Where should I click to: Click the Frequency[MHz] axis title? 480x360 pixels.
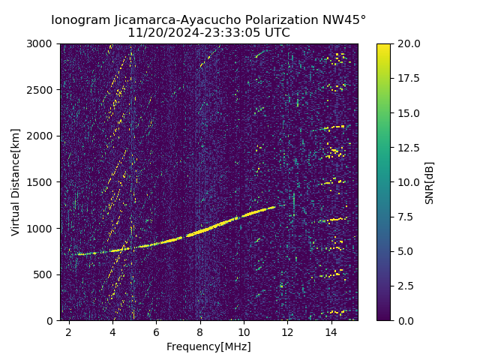tap(208, 346)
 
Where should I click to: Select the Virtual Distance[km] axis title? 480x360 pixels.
tap(16, 182)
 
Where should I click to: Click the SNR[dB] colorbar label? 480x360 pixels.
tap(430, 182)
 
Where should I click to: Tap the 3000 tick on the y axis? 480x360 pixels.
tap(42, 43)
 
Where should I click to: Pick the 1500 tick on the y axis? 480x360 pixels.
tap(42, 182)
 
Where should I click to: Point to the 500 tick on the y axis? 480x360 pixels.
tap(45, 274)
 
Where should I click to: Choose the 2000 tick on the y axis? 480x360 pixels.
tap(42, 136)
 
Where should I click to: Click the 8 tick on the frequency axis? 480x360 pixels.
tap(200, 331)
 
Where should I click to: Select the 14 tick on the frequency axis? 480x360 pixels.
tap(331, 331)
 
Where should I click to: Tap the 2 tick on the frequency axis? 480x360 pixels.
tap(69, 331)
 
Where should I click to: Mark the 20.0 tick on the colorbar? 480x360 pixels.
tap(409, 43)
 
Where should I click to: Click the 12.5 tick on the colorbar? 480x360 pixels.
tap(409, 148)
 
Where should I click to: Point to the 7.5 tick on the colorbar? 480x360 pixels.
tap(406, 217)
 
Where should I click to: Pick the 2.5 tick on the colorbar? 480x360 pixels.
tap(406, 286)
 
